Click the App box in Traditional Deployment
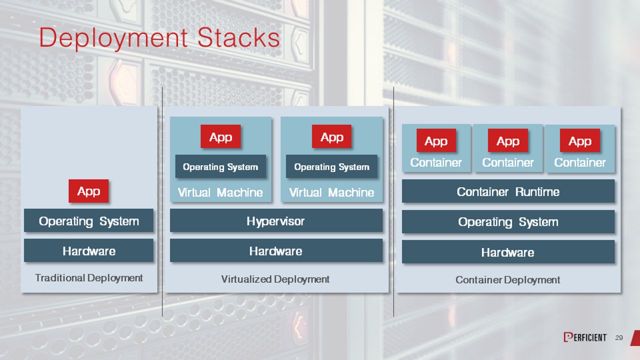(88, 191)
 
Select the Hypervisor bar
(276, 220)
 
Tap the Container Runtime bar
(508, 191)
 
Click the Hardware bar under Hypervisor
(276, 250)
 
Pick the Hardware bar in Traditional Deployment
(88, 250)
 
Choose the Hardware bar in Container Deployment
(508, 252)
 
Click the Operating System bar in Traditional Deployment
(88, 220)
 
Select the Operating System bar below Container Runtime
(508, 221)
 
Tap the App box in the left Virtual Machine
(220, 137)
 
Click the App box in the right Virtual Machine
(331, 137)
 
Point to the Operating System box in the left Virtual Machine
(220, 166)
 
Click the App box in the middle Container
(508, 141)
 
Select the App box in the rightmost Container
(579, 141)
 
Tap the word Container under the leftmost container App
(436, 162)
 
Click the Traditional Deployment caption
(89, 278)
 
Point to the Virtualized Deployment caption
(275, 279)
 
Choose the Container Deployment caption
(507, 280)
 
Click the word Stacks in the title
(238, 38)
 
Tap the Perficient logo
(585, 337)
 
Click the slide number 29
(619, 338)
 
